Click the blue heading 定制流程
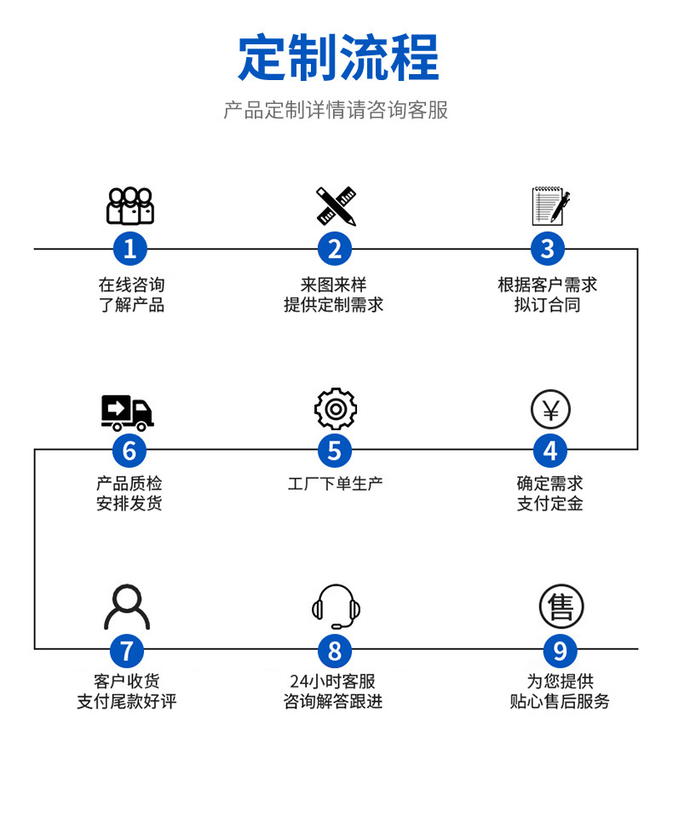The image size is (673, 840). tap(337, 57)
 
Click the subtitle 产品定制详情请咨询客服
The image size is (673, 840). tap(336, 111)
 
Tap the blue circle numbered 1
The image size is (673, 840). tap(129, 249)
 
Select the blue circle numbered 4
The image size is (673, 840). tap(549, 450)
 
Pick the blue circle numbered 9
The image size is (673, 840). tap(560, 652)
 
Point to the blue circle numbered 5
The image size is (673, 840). tap(335, 450)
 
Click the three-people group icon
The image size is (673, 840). tap(130, 206)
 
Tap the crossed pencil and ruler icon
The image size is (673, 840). tap(336, 206)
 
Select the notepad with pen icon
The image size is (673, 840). tap(549, 206)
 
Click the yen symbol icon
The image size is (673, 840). tap(549, 410)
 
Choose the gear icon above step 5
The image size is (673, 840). tap(335, 409)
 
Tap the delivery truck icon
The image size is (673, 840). tap(127, 412)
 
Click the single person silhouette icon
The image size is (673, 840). tap(126, 607)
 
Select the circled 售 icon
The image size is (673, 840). tap(561, 607)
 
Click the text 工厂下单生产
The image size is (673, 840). tap(335, 484)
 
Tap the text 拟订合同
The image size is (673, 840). tap(548, 305)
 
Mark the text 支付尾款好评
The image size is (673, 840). tap(126, 702)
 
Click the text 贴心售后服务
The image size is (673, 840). tap(560, 702)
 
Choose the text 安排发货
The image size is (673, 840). tap(129, 503)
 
